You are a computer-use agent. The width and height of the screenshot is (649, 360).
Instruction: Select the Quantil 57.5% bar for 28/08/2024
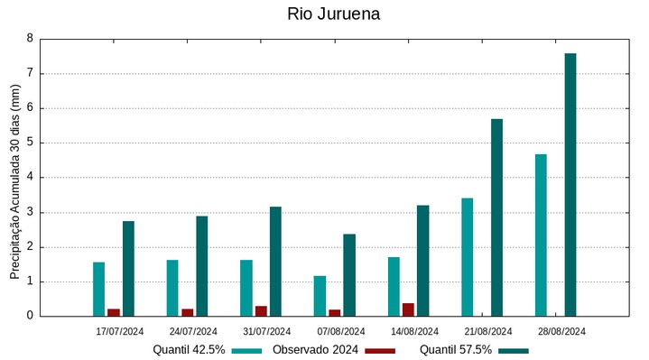(x=570, y=185)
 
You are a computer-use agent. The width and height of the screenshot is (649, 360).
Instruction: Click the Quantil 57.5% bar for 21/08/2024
(x=496, y=217)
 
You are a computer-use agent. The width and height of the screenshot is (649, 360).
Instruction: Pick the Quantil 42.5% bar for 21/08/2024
(x=467, y=257)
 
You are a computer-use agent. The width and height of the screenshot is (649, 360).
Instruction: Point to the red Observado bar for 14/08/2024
(x=408, y=309)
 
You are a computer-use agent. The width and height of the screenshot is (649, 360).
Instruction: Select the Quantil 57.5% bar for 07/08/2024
(x=349, y=275)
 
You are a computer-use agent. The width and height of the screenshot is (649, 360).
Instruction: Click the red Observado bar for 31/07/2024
(x=261, y=311)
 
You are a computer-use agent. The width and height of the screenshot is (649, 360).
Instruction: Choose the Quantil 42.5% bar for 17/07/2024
(x=98, y=289)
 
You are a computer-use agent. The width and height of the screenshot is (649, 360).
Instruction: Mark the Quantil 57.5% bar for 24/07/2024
(x=202, y=266)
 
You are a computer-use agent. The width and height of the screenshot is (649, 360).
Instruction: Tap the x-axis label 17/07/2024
(x=120, y=331)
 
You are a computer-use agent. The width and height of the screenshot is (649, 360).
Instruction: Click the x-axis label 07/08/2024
(x=341, y=331)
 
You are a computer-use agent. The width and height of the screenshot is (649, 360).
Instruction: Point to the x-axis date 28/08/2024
(x=562, y=331)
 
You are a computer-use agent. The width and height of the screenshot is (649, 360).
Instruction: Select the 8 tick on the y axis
(x=30, y=39)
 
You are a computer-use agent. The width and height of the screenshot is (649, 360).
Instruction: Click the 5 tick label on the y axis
(x=30, y=143)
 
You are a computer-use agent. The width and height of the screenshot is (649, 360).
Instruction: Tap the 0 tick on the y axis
(x=30, y=316)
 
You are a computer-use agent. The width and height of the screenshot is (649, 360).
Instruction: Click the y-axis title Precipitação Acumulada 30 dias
(x=14, y=180)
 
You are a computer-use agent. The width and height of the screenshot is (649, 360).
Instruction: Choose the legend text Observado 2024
(x=315, y=350)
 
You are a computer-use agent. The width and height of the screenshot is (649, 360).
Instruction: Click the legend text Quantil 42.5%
(x=189, y=350)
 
